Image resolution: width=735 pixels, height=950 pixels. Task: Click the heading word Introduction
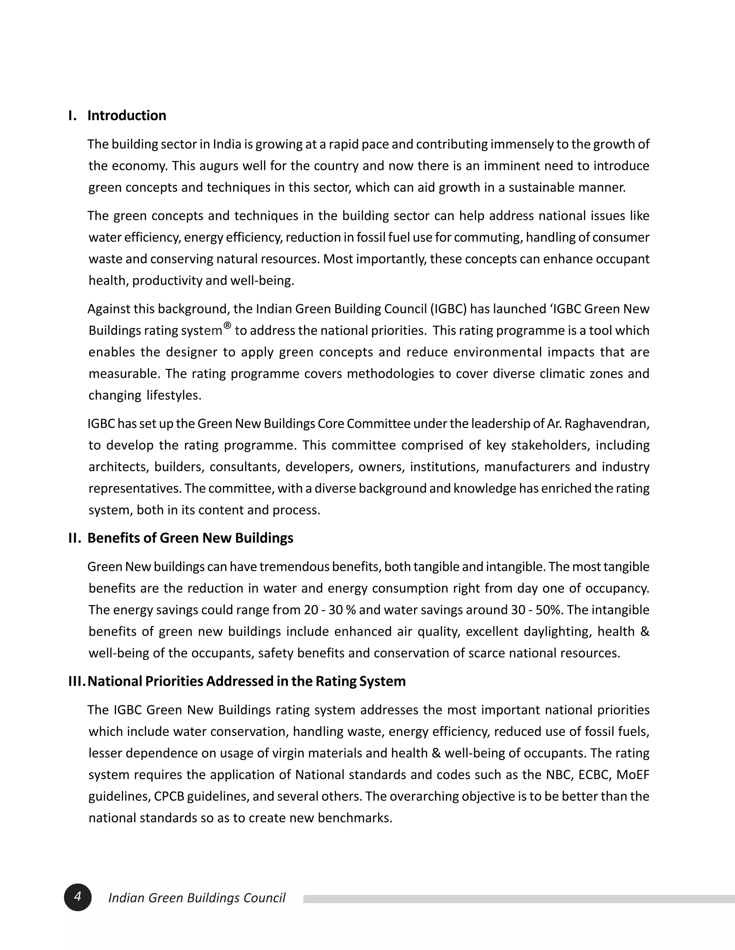coord(127,115)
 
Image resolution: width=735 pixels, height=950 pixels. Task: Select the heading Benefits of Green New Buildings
coord(190,538)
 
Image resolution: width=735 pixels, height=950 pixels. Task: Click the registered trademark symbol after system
coord(227,326)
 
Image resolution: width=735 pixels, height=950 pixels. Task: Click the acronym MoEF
coord(633,775)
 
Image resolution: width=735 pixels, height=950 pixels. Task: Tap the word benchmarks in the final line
coord(355,818)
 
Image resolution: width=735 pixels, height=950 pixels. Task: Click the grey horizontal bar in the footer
coord(518,899)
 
